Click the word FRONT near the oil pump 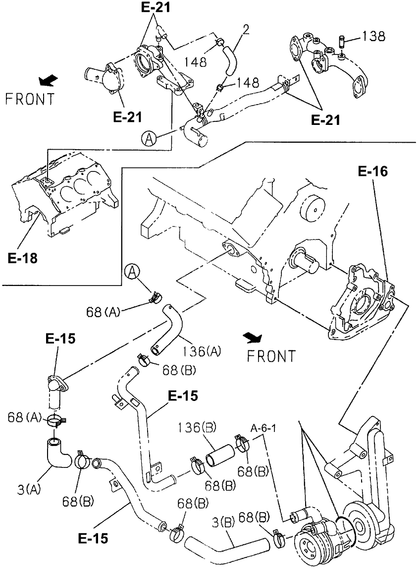[271, 356]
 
